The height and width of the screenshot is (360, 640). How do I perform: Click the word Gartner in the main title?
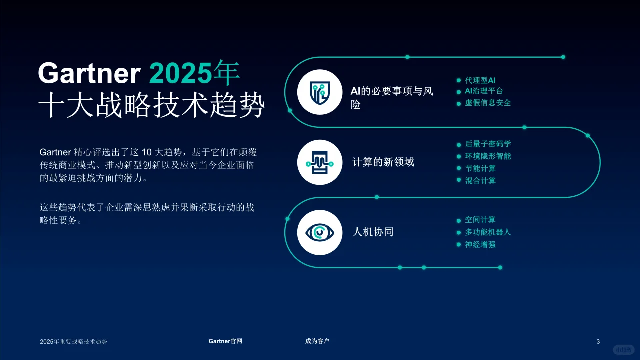click(x=89, y=73)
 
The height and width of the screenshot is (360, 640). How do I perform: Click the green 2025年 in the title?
click(x=194, y=73)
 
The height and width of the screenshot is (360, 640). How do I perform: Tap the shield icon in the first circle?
click(x=320, y=92)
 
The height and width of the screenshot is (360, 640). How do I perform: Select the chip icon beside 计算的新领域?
click(x=320, y=162)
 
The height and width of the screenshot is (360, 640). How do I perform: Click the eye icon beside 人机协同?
click(x=320, y=232)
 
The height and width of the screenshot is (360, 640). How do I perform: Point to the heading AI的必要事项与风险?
click(x=391, y=98)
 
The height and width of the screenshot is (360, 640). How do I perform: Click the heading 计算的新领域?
click(x=383, y=162)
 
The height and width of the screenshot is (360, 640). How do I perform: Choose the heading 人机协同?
click(x=373, y=232)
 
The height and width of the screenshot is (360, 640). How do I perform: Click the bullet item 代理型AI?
click(x=480, y=80)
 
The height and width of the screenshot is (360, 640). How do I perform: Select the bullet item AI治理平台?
click(x=484, y=91)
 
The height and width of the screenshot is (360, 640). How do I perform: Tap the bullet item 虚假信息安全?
click(x=488, y=103)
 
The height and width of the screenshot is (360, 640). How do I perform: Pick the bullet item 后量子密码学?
click(x=488, y=144)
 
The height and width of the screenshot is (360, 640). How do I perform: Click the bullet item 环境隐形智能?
click(x=488, y=156)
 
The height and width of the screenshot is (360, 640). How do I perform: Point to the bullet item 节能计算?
click(x=480, y=168)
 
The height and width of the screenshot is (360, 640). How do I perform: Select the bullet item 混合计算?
click(x=480, y=180)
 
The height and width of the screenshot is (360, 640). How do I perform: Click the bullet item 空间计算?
click(x=480, y=220)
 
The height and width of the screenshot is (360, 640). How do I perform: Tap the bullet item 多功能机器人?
click(x=488, y=232)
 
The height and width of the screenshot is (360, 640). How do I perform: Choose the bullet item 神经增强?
click(x=480, y=245)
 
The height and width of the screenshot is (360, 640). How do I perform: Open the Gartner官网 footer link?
click(x=225, y=341)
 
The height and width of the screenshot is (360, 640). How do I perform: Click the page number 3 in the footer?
click(x=598, y=341)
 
